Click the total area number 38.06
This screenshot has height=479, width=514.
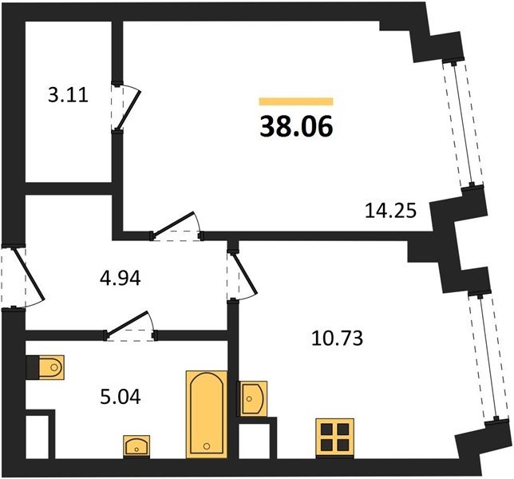pos(296,126)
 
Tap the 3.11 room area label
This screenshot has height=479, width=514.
pos(68,96)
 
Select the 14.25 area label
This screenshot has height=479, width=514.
pos(391,211)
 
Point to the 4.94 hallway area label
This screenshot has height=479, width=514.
pos(121,279)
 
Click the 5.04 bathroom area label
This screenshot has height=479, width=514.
pos(121,397)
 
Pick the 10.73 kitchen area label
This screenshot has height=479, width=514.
pos(338,338)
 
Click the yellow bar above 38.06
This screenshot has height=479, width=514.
pos(296,101)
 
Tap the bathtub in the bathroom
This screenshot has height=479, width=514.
pos(207,414)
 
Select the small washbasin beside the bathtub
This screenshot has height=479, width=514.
pos(136,446)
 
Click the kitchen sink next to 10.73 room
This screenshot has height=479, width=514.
pos(253,398)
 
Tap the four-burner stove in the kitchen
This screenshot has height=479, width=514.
pos(334,438)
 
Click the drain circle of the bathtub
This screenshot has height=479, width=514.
pos(207,446)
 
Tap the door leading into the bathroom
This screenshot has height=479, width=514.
pos(131,327)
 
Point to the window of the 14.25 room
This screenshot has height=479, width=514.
pos(463,124)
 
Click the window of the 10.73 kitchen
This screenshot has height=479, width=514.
pos(488,358)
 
